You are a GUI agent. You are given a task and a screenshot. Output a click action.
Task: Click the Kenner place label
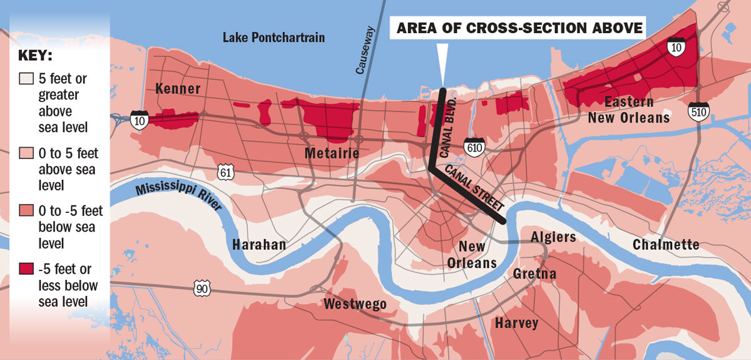click(x=178, y=88)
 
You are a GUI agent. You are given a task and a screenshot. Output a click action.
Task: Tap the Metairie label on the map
click(x=332, y=153)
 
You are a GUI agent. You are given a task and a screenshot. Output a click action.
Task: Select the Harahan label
click(x=258, y=244)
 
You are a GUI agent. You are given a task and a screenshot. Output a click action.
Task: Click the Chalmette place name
click(x=665, y=244)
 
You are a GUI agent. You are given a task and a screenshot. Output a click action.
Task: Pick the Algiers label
click(x=553, y=237)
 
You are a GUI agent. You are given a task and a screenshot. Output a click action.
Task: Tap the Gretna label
click(x=534, y=274)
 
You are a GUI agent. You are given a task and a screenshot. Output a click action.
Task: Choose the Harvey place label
click(x=516, y=323)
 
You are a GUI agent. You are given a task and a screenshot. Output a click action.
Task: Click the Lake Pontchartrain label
click(x=273, y=38)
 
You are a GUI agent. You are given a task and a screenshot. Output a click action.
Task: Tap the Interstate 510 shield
click(x=698, y=113)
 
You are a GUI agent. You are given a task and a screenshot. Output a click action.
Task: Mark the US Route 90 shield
click(x=202, y=288)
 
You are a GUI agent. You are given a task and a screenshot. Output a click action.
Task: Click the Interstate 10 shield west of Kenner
click(x=140, y=120)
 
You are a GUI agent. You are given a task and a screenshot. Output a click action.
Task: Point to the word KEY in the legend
click(x=36, y=55)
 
